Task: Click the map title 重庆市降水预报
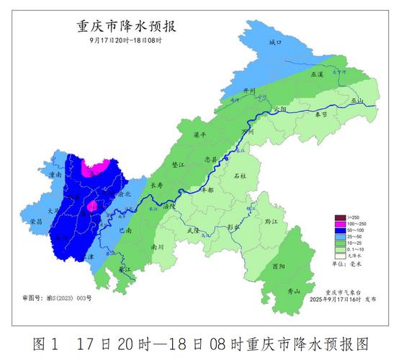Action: pos(126,27)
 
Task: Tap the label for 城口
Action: pos(274,43)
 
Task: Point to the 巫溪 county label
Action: pos(318,74)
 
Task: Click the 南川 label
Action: pos(157,246)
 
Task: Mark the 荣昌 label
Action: pos(36,222)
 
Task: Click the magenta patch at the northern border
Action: pos(96,169)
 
